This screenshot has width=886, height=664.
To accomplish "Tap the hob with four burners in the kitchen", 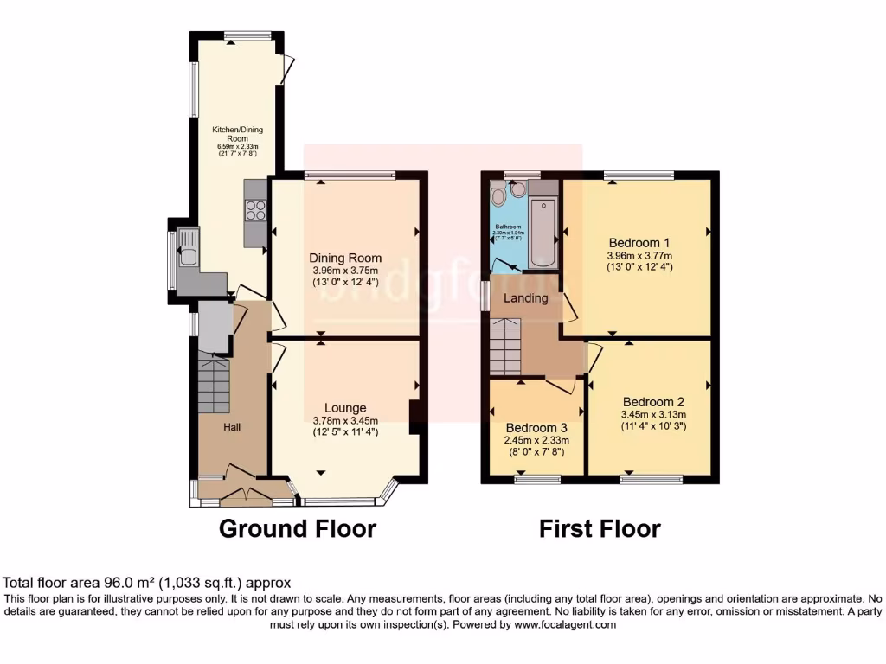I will pyautogui.click(x=256, y=211).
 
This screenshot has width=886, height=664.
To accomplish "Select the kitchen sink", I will pyautogui.click(x=187, y=255).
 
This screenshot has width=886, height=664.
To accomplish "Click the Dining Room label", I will pyautogui.click(x=346, y=258).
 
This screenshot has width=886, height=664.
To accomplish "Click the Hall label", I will pyautogui.click(x=232, y=427).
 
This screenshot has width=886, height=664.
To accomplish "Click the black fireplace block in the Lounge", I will pyautogui.click(x=414, y=417).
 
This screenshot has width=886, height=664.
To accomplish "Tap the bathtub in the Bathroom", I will pyautogui.click(x=543, y=232).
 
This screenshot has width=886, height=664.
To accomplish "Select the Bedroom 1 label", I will pyautogui.click(x=639, y=242).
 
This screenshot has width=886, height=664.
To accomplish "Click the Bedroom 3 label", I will pyautogui.click(x=536, y=428).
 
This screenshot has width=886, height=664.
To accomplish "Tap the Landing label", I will pyautogui.click(x=526, y=298).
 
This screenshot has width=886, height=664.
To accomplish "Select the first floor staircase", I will pyautogui.click(x=507, y=344).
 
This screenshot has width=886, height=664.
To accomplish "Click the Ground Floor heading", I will pyautogui.click(x=297, y=528).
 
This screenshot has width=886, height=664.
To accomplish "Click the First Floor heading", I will pyautogui.click(x=600, y=528).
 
